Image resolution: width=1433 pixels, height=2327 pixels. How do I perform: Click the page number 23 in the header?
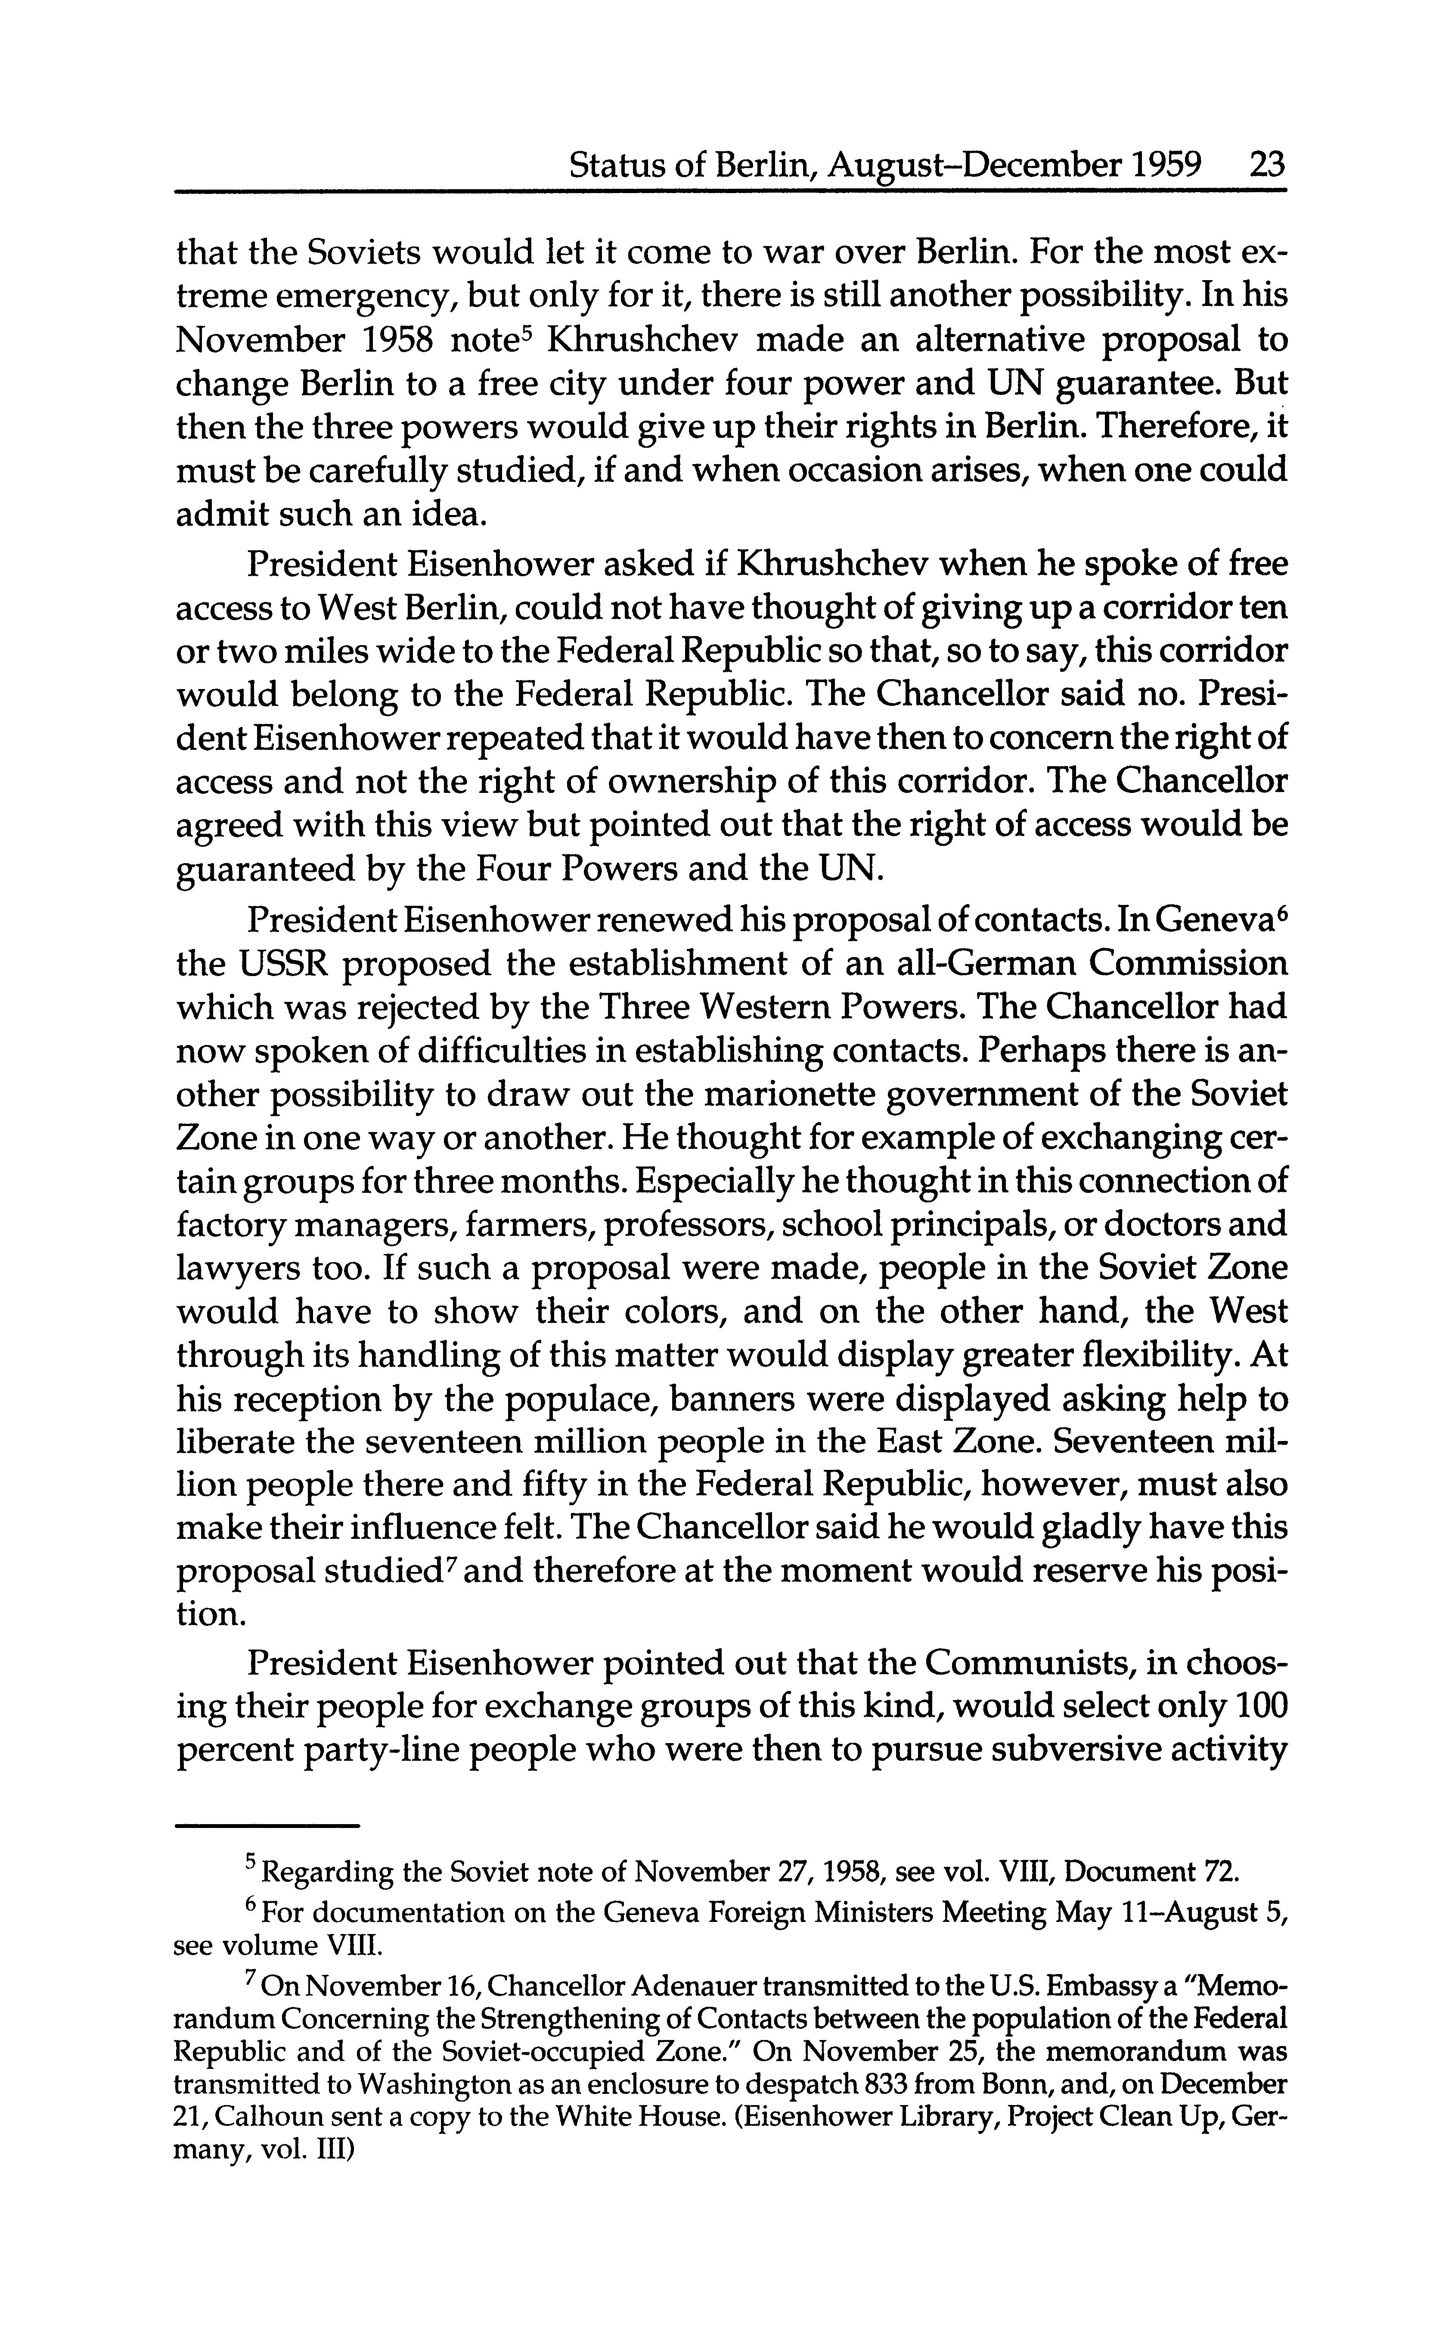(1266, 167)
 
